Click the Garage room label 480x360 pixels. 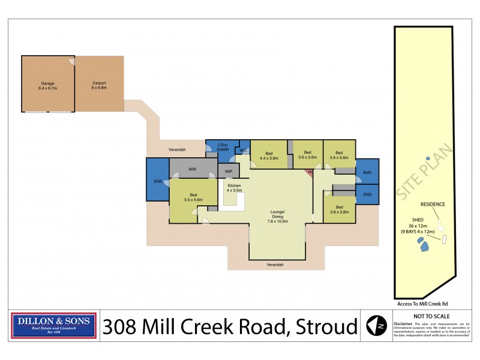point(47,85)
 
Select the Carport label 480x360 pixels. point(99,85)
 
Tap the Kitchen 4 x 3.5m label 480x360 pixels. point(233,188)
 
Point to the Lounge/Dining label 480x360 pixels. point(277,217)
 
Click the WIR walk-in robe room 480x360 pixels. point(192,169)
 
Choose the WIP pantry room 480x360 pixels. point(229,172)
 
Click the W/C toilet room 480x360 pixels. point(244,151)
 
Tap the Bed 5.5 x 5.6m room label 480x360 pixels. point(194,197)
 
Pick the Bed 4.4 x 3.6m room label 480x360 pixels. point(269,155)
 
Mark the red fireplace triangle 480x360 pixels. point(310,173)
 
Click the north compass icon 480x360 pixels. point(376,326)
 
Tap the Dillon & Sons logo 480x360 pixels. point(54,326)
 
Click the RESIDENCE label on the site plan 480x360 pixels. point(433,204)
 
